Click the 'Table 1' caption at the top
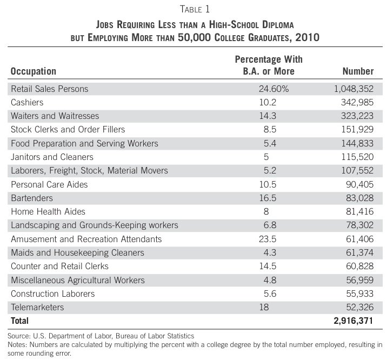coord(193,8)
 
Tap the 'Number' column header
coord(358,71)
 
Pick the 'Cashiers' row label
coord(27,102)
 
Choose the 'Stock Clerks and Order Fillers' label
coord(68,129)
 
